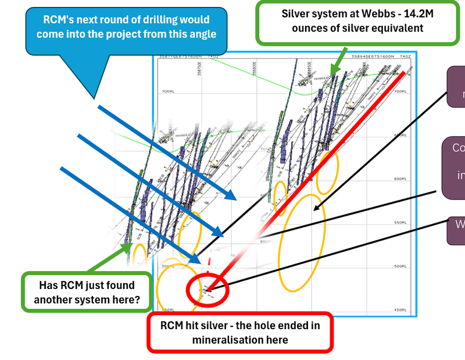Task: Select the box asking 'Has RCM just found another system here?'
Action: [x=86, y=292]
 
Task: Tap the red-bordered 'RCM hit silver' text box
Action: [x=239, y=332]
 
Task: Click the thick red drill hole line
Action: [x=325, y=157]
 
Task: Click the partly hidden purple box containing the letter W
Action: [x=456, y=231]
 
